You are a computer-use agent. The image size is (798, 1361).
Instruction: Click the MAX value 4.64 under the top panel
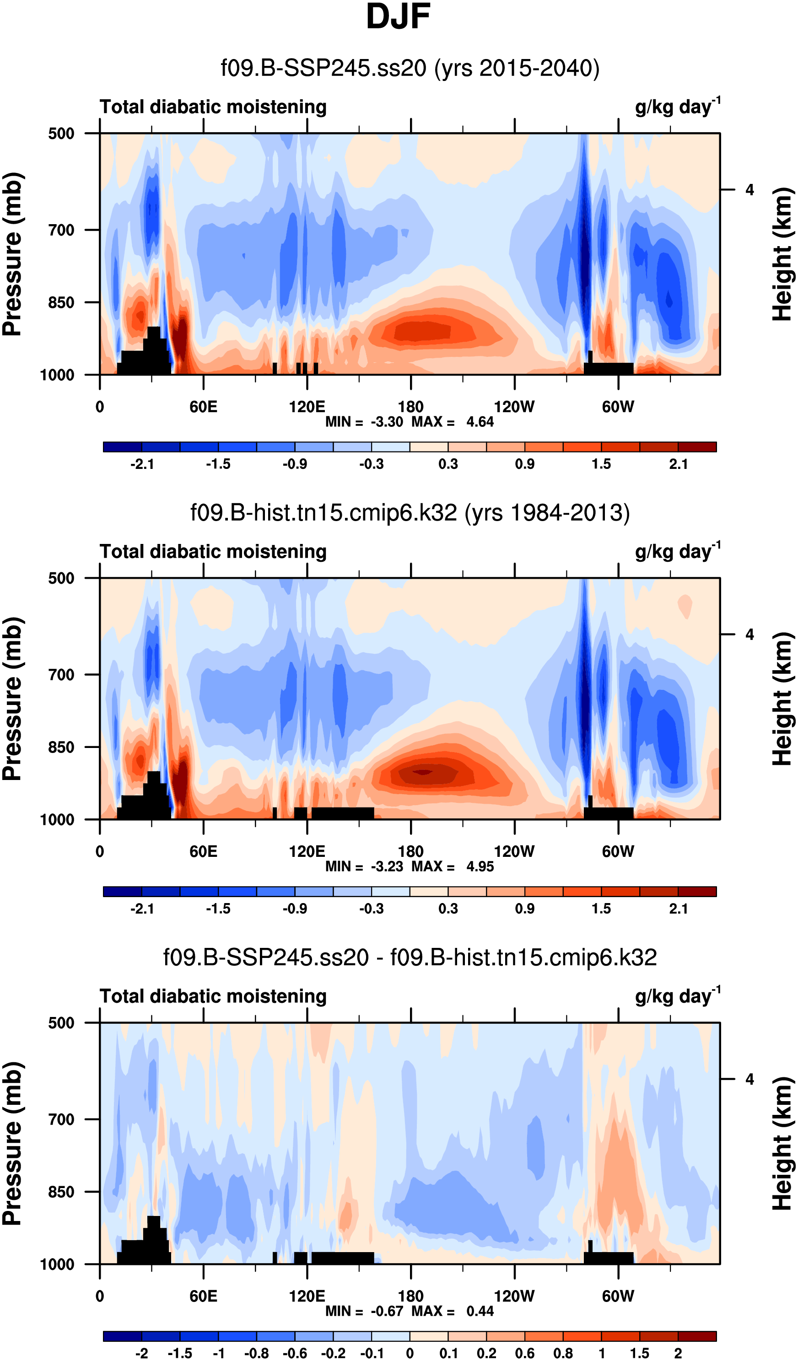pyautogui.click(x=480, y=422)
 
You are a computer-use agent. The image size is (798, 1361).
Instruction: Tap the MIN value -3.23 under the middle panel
pyautogui.click(x=387, y=867)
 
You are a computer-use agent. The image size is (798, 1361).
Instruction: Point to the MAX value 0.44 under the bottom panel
pyautogui.click(x=480, y=1311)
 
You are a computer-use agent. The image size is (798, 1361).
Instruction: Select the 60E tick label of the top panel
pyautogui.click(x=203, y=407)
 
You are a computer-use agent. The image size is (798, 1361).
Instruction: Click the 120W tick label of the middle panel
pyautogui.click(x=514, y=852)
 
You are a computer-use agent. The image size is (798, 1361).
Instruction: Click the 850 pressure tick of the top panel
pyautogui.click(x=61, y=302)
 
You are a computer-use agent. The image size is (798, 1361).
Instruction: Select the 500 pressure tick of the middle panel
pyautogui.click(x=61, y=578)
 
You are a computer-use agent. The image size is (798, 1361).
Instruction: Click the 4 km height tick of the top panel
pyautogui.click(x=749, y=190)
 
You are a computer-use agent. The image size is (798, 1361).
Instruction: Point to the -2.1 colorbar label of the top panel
pyautogui.click(x=142, y=464)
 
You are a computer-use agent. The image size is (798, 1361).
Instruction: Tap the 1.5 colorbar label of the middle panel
pyautogui.click(x=601, y=909)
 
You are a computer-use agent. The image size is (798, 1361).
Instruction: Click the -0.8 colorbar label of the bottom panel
pyautogui.click(x=256, y=1353)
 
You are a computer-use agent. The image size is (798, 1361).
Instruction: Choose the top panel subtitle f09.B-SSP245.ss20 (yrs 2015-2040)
pyautogui.click(x=410, y=69)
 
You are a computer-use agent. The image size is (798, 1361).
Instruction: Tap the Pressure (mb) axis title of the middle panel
pyautogui.click(x=12, y=699)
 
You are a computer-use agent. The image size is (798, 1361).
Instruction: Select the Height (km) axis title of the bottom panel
pyautogui.click(x=782, y=1144)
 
